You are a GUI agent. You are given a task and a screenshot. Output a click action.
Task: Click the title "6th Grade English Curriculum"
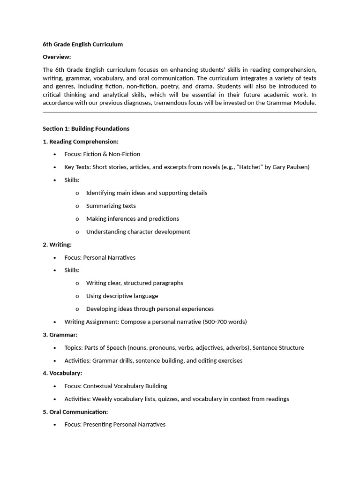pyautogui.click(x=83, y=45)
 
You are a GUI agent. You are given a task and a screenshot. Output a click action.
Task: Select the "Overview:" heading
pyautogui.click(x=57, y=57)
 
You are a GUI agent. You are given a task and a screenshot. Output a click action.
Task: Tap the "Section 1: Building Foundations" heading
pyautogui.click(x=86, y=128)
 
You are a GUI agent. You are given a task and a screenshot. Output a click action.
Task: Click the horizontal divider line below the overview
pyautogui.click(x=180, y=112)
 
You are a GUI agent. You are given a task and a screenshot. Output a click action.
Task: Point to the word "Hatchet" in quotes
pyautogui.click(x=250, y=167)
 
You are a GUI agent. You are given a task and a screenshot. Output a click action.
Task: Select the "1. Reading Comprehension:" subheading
pyautogui.click(x=81, y=142)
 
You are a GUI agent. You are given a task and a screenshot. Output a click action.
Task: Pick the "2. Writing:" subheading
pyautogui.click(x=57, y=245)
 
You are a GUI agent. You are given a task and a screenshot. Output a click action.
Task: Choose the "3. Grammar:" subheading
pyautogui.click(x=60, y=335)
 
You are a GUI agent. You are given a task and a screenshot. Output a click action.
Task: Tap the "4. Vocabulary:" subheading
pyautogui.click(x=62, y=373)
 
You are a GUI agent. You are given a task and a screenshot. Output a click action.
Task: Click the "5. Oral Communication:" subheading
pyautogui.click(x=75, y=412)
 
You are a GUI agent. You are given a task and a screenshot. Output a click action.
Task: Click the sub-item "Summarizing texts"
pyautogui.click(x=111, y=206)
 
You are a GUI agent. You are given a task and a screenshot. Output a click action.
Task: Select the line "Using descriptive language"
pyautogui.click(x=122, y=296)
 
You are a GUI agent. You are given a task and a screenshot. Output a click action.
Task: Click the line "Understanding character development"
pyautogui.click(x=138, y=232)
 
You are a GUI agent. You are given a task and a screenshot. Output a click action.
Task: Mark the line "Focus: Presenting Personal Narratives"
pyautogui.click(x=115, y=425)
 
